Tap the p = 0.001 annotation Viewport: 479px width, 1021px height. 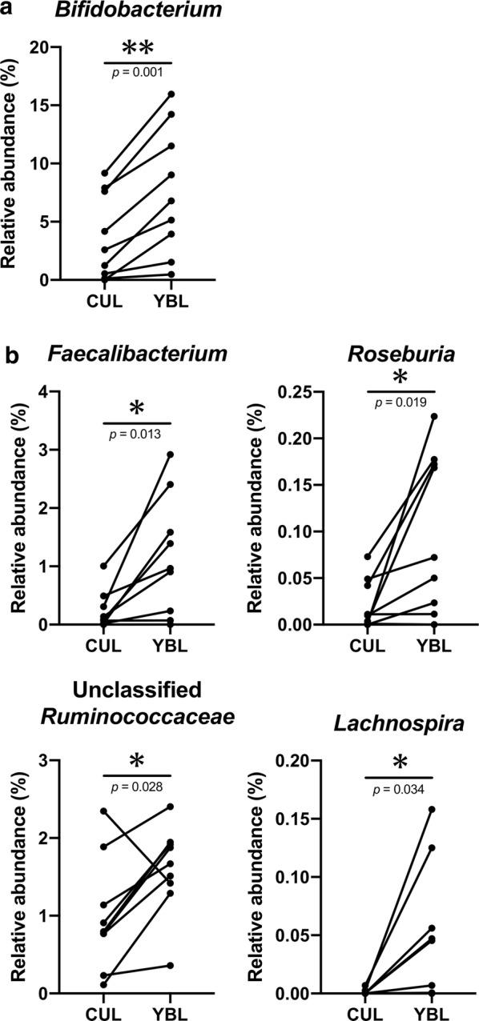click(x=138, y=72)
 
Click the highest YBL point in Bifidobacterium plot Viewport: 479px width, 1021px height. click(x=171, y=94)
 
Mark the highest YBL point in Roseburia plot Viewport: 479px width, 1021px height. click(x=433, y=417)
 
